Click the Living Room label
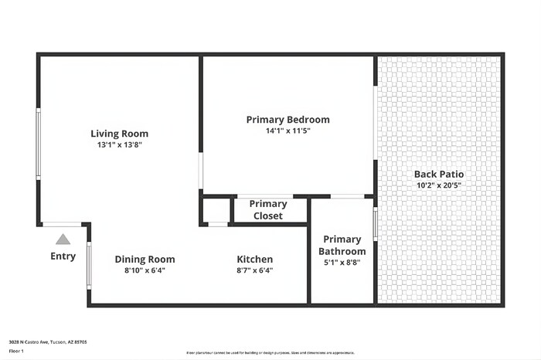point(119,134)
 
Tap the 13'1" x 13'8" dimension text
point(119,144)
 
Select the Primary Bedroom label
point(288,120)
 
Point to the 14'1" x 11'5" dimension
point(288,131)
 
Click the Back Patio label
point(439,174)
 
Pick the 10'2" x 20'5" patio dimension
point(439,185)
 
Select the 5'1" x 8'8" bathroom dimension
point(342,262)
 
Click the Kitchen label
point(254,259)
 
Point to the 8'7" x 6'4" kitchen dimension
point(254,270)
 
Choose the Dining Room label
point(145,259)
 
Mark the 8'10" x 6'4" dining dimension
point(145,270)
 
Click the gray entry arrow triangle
point(63,239)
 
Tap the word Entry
point(63,256)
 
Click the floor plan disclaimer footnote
point(270,353)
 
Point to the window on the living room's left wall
point(39,144)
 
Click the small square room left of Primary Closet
point(216,210)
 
